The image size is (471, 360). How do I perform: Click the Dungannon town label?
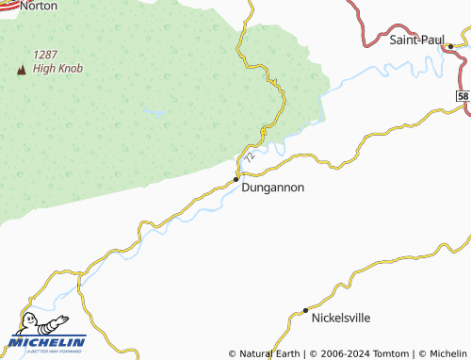[273, 188]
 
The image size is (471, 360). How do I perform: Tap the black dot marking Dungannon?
[236, 179]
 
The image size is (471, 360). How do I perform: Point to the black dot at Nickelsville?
[305, 310]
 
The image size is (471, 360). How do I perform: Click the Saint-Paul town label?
[415, 40]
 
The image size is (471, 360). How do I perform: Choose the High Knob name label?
[58, 68]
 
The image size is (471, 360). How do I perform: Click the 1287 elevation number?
[47, 55]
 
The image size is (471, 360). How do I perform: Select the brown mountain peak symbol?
[19, 69]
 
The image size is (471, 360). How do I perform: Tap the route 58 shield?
[463, 96]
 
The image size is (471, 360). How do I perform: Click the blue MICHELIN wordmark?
[47, 341]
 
